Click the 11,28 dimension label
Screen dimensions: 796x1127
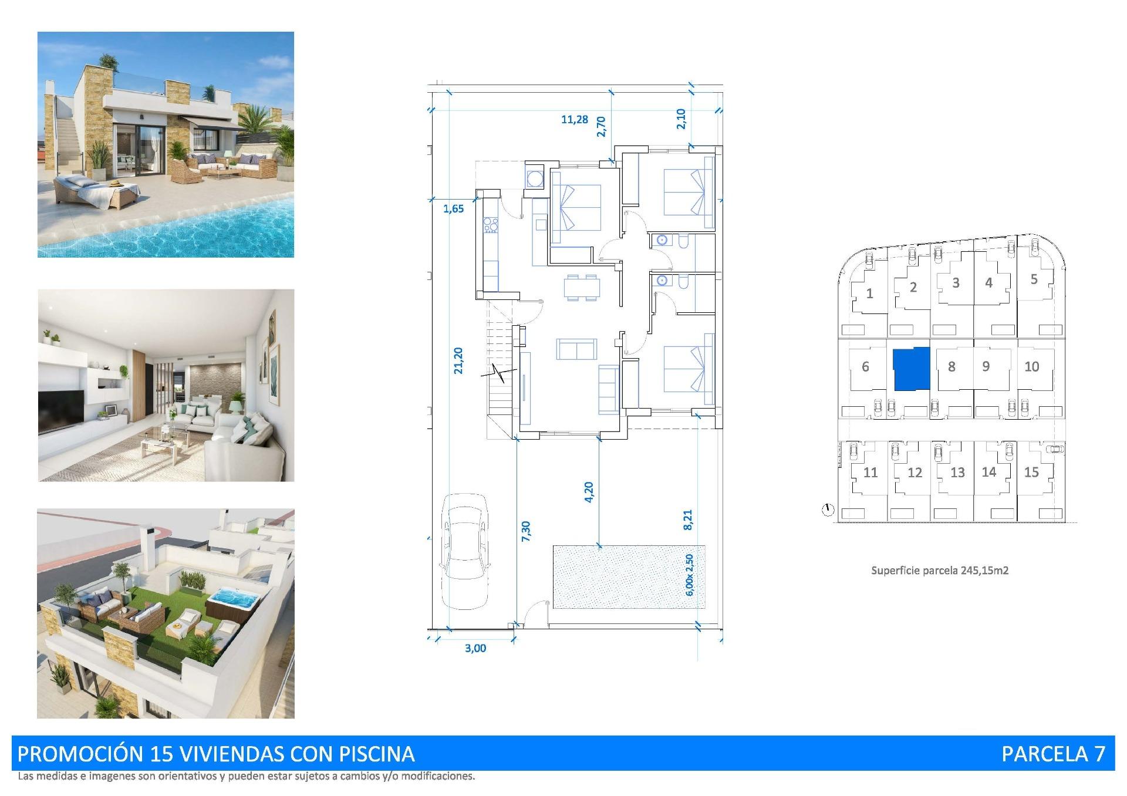tap(574, 120)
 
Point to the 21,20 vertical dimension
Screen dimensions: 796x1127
tap(458, 360)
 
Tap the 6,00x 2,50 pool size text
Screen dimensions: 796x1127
tap(690, 575)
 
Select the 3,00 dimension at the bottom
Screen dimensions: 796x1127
tap(475, 648)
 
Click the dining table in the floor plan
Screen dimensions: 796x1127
tap(582, 288)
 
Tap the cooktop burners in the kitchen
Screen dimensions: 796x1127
tap(490, 224)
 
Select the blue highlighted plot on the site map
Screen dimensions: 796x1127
tap(912, 369)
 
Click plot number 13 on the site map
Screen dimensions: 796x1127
tap(957, 473)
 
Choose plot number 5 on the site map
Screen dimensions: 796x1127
tap(1034, 279)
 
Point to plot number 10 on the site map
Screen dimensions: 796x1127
tap(1031, 367)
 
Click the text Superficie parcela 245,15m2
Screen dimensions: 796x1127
tap(939, 570)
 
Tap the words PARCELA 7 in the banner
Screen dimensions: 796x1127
tap(1053, 754)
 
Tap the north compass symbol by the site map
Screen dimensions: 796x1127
tap(828, 510)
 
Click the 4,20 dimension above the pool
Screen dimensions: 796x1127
tap(589, 492)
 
